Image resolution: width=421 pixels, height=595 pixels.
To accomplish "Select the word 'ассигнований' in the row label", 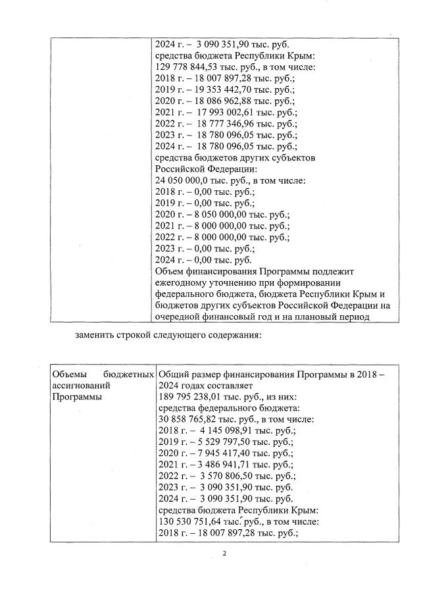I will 80,385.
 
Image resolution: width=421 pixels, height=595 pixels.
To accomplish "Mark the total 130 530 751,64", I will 190,522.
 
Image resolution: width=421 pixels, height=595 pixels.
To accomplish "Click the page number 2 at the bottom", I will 224,554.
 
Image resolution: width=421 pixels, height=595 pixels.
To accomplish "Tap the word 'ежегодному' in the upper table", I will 183,282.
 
